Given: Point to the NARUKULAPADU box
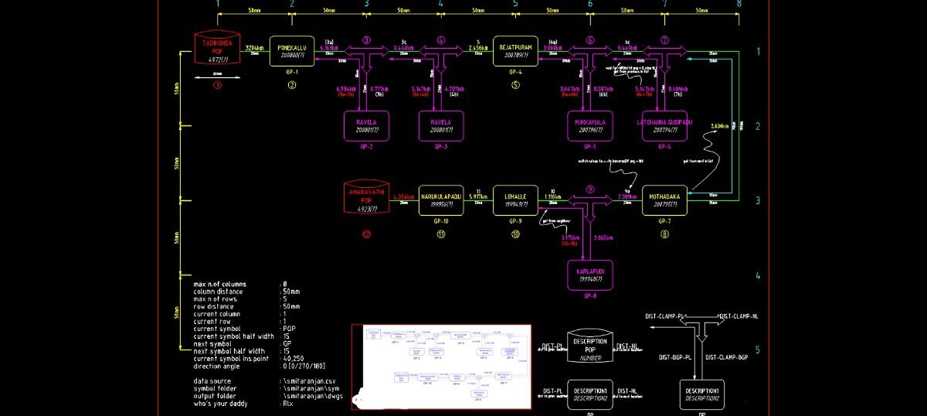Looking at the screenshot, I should pyautogui.click(x=441, y=200).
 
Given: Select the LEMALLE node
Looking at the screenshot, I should pyautogui.click(x=515, y=200).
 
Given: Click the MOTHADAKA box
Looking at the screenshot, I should pyautogui.click(x=664, y=200).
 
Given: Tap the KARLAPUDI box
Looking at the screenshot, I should pyautogui.click(x=590, y=275).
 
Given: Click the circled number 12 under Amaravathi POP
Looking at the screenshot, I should pyautogui.click(x=366, y=234).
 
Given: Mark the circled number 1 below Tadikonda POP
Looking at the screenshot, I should pyautogui.click(x=217, y=84).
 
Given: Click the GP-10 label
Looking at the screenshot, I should pyautogui.click(x=441, y=220).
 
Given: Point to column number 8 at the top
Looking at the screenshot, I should pyautogui.click(x=739, y=5).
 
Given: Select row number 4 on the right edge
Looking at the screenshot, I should pyautogui.click(x=757, y=275).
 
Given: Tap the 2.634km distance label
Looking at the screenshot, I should pyautogui.click(x=718, y=126).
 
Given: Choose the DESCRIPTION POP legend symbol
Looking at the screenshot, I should pyautogui.click(x=590, y=346).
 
